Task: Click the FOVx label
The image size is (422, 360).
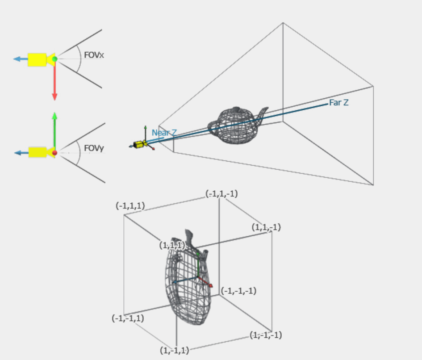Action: (x=94, y=55)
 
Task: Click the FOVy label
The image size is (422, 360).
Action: (x=94, y=148)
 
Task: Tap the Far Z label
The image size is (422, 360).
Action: (x=339, y=103)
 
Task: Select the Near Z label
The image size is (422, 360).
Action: (x=164, y=133)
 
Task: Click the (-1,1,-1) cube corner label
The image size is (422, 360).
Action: (x=221, y=193)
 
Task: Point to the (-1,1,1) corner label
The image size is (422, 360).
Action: (x=130, y=206)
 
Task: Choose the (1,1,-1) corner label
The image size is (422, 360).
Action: (x=266, y=227)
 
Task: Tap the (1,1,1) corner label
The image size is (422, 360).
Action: (x=172, y=245)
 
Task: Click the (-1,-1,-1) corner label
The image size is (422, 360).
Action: (x=238, y=291)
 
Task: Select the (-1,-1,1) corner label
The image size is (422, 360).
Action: (x=128, y=318)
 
